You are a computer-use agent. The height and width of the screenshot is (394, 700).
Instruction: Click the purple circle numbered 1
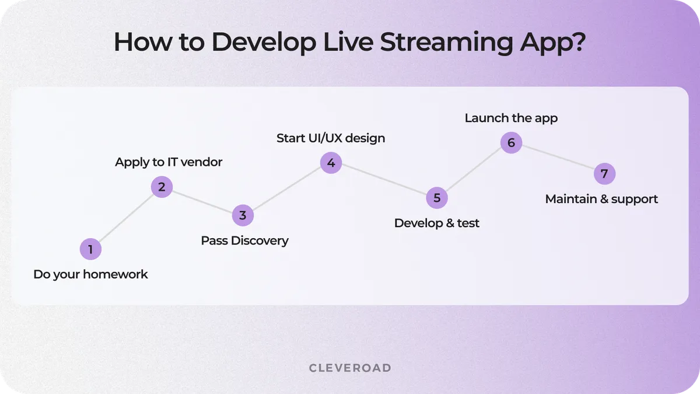point(90,250)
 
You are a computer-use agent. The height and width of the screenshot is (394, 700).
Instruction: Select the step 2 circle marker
point(162,187)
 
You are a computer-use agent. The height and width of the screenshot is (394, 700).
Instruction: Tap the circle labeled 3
point(243,215)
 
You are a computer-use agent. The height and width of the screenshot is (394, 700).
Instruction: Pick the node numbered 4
point(331,163)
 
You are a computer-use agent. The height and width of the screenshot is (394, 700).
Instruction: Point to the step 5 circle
point(437,198)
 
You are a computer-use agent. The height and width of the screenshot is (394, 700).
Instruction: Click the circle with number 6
point(511,142)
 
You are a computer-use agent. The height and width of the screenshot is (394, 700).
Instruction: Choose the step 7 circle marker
point(604,174)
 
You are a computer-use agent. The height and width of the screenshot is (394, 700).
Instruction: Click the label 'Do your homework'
point(90,274)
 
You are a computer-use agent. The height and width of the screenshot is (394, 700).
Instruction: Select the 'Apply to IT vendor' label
point(169,162)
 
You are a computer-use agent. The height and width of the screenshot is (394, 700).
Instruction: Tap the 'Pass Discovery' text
point(244,240)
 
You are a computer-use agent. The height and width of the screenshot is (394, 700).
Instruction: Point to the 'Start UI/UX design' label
point(331,138)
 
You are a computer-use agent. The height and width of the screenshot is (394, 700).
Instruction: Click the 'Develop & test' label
point(436,223)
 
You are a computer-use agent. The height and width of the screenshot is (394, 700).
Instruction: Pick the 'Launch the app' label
point(511,118)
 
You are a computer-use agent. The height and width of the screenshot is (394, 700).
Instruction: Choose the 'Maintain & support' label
point(601,199)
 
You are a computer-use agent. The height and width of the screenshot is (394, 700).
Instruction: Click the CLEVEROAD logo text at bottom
point(350,368)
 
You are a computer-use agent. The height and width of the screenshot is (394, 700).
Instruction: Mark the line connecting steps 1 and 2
point(126,218)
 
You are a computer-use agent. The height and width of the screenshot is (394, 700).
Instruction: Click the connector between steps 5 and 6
point(474,170)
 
